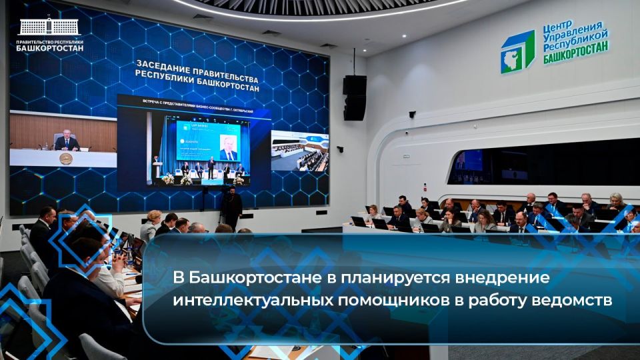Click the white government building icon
tap(49, 27)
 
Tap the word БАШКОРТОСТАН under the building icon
tap(50, 48)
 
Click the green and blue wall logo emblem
tap(517, 51)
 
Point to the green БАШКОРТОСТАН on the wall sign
tap(575, 57)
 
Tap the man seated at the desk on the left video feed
tap(67, 140)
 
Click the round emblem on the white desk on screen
tap(65, 158)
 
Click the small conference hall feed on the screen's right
tap(299, 150)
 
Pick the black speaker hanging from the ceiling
tap(354, 97)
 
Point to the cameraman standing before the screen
tap(231, 207)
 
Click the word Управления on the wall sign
tap(575, 37)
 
